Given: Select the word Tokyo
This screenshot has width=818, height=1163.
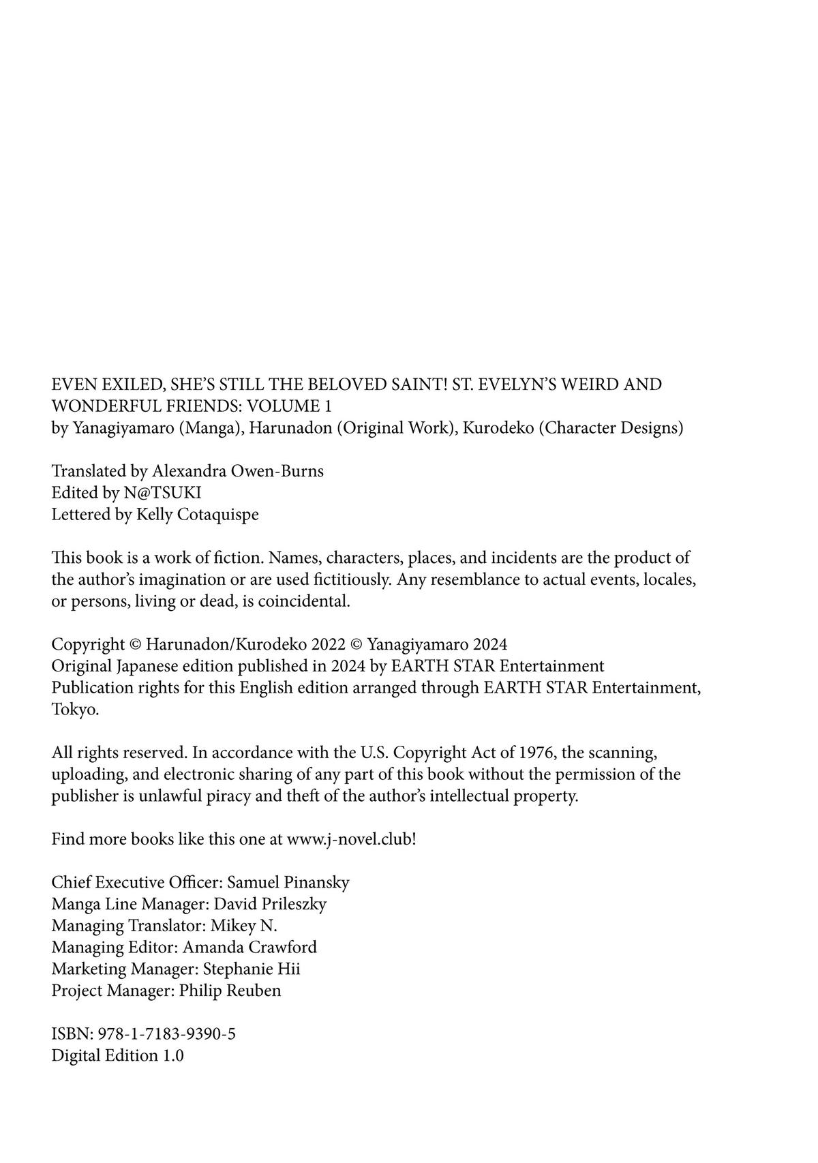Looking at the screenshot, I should click(74, 709).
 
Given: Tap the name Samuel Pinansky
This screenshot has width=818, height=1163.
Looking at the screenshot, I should click(288, 882).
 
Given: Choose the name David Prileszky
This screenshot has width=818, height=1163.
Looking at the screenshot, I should click(270, 904).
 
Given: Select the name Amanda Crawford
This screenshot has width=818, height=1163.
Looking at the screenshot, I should click(249, 947).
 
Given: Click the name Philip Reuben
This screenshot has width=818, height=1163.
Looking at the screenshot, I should click(230, 991).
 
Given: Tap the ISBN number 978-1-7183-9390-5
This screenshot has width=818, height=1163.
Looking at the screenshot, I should click(164, 1034).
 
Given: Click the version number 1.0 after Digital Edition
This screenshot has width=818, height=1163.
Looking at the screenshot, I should click(173, 1056).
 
